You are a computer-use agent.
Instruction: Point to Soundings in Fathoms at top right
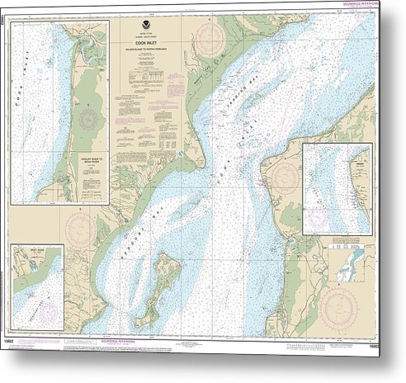(x=374, y=10)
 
